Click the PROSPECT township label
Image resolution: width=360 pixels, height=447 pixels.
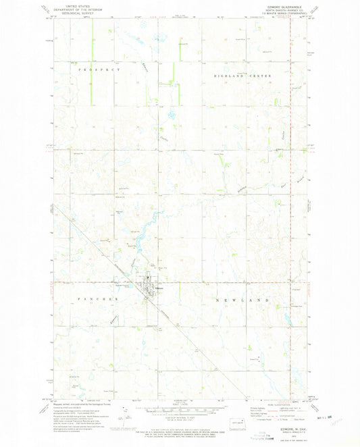tap(99, 70)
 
